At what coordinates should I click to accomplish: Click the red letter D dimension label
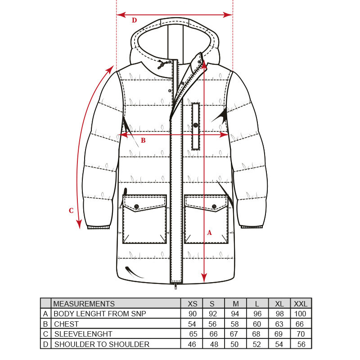[134, 20]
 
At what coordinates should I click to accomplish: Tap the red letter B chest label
[143, 140]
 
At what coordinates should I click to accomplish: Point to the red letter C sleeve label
[71, 211]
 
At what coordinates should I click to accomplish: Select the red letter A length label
[209, 233]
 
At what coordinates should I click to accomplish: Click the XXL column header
[300, 304]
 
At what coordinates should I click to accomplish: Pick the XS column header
[192, 304]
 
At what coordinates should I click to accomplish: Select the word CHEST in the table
[66, 324]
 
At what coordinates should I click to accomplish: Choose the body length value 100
[300, 314]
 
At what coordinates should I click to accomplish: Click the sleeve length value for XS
[193, 334]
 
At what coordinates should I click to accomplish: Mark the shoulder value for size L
[257, 344]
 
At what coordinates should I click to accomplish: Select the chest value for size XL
[279, 324]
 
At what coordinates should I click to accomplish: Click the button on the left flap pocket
[137, 206]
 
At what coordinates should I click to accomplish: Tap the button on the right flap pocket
[214, 207]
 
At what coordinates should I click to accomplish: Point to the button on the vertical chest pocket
[196, 125]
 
